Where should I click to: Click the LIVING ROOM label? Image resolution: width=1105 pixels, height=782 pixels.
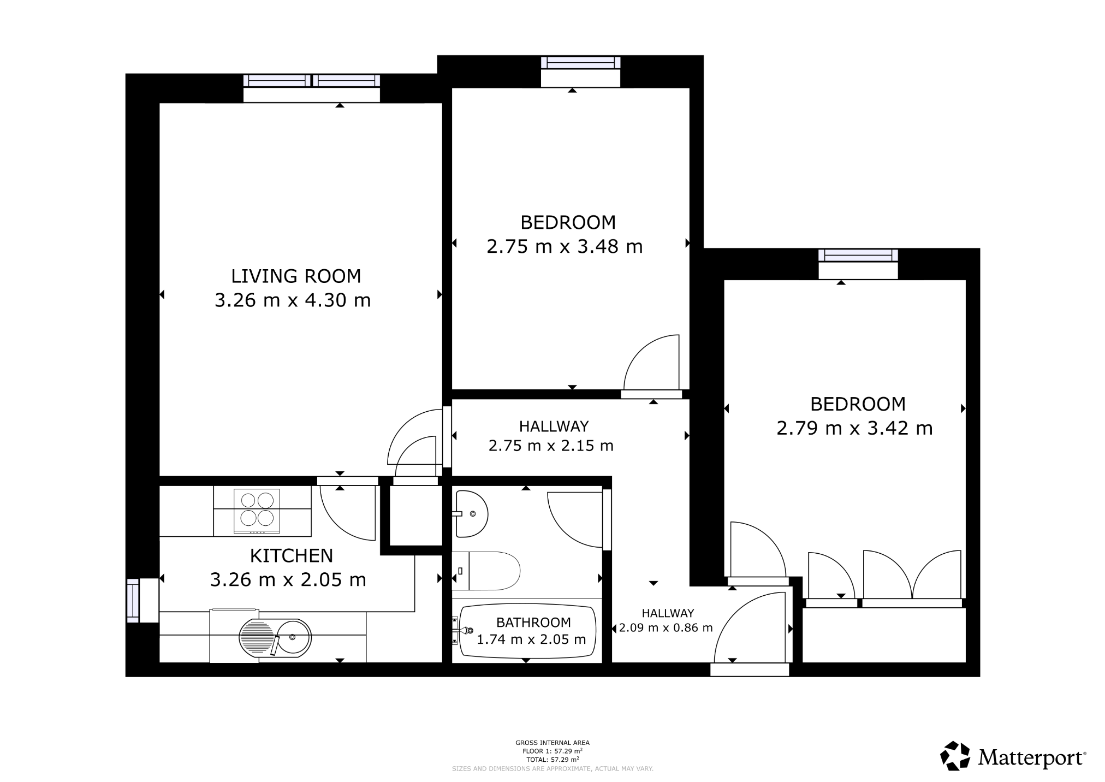(x=295, y=276)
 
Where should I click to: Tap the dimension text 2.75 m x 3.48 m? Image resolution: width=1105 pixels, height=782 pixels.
(x=565, y=247)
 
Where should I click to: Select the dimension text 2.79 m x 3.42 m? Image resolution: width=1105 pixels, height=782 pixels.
(x=854, y=428)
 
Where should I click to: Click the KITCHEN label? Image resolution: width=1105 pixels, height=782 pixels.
(x=291, y=555)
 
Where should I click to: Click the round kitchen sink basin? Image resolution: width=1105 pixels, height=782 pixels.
(x=293, y=637)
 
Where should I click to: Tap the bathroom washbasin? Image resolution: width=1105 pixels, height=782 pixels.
(x=471, y=514)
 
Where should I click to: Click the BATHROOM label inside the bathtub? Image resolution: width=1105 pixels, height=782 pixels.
(x=533, y=622)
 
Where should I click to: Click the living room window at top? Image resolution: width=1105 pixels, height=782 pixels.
(x=311, y=81)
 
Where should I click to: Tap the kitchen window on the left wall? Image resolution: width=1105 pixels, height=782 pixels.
(x=133, y=600)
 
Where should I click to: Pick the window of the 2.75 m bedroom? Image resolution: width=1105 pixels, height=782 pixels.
(x=580, y=63)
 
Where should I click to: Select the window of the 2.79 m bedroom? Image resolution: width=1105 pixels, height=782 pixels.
(x=858, y=255)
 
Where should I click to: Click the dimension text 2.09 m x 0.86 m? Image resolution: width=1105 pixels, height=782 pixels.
(x=666, y=628)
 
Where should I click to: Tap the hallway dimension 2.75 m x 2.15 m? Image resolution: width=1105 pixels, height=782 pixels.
(x=551, y=446)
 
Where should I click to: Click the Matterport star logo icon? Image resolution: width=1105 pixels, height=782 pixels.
(x=954, y=756)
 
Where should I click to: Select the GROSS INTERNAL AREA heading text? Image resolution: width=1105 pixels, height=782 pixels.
(x=552, y=743)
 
